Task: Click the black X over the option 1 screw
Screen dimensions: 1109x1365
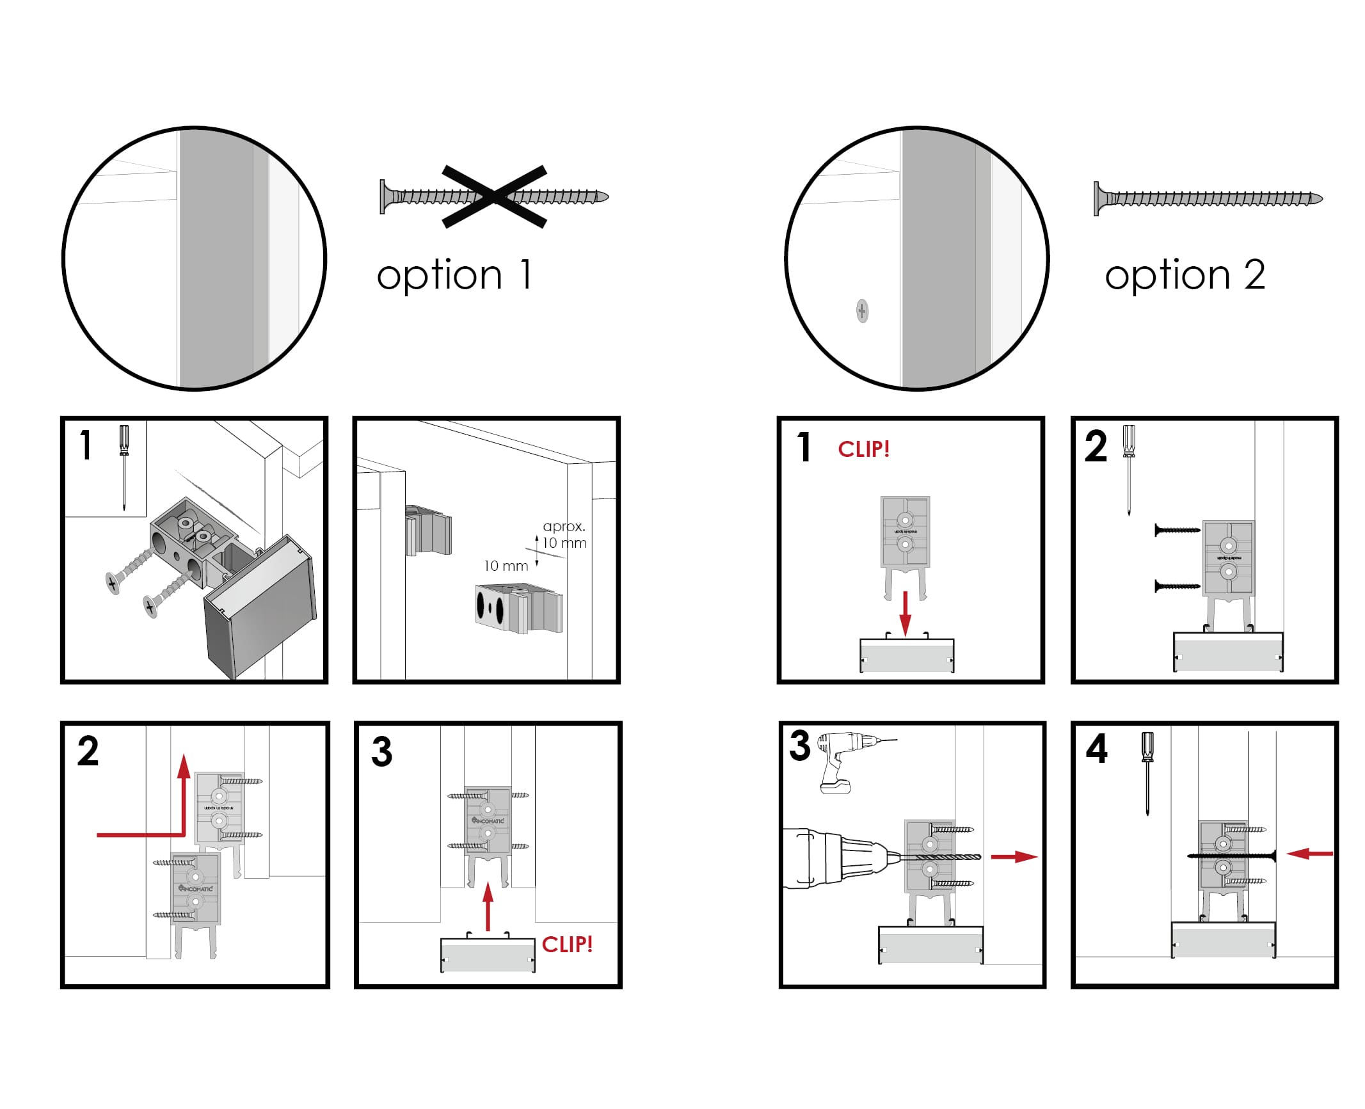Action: (494, 196)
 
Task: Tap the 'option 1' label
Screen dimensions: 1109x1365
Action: (454, 275)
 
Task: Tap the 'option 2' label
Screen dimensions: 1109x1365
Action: (1185, 275)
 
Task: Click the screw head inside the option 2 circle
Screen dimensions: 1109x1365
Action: (862, 312)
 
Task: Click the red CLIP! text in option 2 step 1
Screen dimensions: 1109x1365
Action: (863, 449)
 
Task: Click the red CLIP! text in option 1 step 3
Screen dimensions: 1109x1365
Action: (567, 945)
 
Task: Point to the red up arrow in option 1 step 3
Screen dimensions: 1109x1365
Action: (488, 906)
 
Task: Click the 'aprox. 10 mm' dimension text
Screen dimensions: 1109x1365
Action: (564, 534)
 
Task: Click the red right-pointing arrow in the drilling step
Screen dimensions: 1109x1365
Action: (1014, 857)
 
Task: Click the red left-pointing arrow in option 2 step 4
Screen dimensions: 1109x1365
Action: (1309, 853)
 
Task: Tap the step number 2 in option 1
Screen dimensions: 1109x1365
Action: (88, 751)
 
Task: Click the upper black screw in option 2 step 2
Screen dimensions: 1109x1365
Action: (1177, 530)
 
